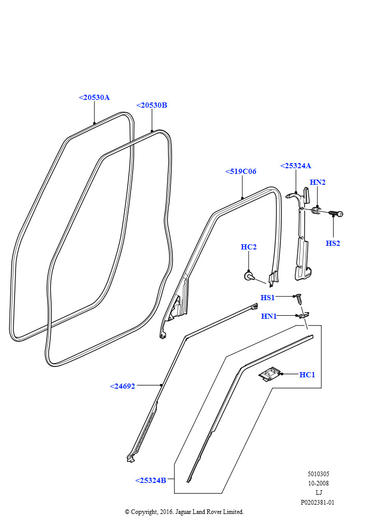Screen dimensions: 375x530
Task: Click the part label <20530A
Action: (x=94, y=97)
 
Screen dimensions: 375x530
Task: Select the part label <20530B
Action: (x=151, y=105)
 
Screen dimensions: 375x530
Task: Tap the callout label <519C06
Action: (x=241, y=171)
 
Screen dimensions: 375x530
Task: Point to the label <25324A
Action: (x=296, y=166)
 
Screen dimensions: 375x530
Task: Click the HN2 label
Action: (x=318, y=182)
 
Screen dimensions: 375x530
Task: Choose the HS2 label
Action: (x=333, y=243)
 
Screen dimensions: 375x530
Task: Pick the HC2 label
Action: (x=249, y=247)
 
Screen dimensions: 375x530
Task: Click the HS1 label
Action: (x=267, y=298)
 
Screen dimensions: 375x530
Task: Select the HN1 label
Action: (x=269, y=316)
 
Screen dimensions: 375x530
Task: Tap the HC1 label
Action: (x=307, y=375)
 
